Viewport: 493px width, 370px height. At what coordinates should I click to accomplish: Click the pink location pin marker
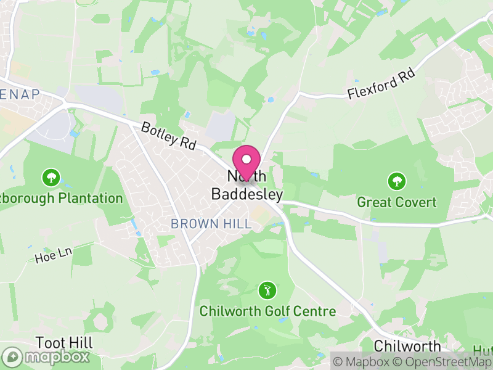pyautogui.click(x=247, y=162)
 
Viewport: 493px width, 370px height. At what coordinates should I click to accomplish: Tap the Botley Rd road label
pyautogui.click(x=168, y=136)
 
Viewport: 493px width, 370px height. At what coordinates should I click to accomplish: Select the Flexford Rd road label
pyautogui.click(x=381, y=84)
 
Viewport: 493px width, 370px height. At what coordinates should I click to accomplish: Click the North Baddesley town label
pyautogui.click(x=247, y=186)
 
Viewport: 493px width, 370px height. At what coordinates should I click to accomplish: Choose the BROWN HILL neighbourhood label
pyautogui.click(x=211, y=224)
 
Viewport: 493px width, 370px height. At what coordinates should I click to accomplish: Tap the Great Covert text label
pyautogui.click(x=397, y=202)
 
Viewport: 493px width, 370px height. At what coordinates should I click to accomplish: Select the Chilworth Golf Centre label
pyautogui.click(x=267, y=311)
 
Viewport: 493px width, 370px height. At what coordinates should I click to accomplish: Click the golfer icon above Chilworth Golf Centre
pyautogui.click(x=267, y=290)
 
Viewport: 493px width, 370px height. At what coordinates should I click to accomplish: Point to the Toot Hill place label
pyautogui.click(x=64, y=343)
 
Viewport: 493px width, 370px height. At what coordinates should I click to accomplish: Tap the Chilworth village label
pyautogui.click(x=407, y=346)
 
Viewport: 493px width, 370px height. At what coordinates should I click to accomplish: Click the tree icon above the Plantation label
pyautogui.click(x=51, y=178)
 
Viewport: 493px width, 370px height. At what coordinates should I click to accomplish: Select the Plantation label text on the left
pyautogui.click(x=62, y=199)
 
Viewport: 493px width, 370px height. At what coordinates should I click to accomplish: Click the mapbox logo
pyautogui.click(x=46, y=356)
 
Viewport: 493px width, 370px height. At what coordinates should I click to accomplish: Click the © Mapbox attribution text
pyautogui.click(x=364, y=362)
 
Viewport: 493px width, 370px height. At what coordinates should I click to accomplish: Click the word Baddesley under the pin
pyautogui.click(x=247, y=195)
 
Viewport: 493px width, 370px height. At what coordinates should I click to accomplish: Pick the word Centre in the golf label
pyautogui.click(x=315, y=311)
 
